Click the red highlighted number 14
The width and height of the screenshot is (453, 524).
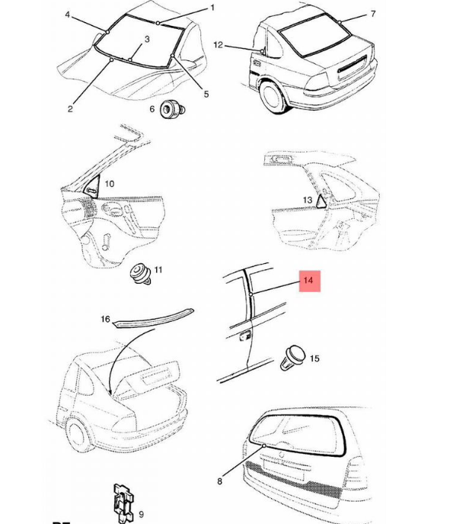[x=309, y=281]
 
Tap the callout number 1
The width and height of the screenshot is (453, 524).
[x=212, y=8]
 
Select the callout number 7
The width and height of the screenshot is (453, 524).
[x=373, y=14]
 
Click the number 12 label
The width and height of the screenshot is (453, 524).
[x=218, y=45]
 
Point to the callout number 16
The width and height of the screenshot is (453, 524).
[x=105, y=319]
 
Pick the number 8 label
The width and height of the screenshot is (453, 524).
[x=219, y=481]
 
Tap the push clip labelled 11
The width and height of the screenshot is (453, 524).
[x=141, y=274]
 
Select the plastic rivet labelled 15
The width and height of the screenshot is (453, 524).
[x=292, y=358]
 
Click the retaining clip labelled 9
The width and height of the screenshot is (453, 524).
[x=123, y=503]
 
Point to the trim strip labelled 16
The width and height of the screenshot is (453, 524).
[x=154, y=319]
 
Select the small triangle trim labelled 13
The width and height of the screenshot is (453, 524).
[x=321, y=201]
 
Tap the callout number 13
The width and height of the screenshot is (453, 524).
[x=308, y=200]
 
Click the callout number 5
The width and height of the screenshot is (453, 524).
[x=206, y=95]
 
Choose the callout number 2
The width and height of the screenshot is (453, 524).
[x=70, y=109]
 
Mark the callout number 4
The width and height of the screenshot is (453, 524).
[x=68, y=14]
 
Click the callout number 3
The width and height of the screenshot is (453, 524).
[x=147, y=39]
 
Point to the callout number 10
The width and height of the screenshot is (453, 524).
[x=110, y=184]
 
